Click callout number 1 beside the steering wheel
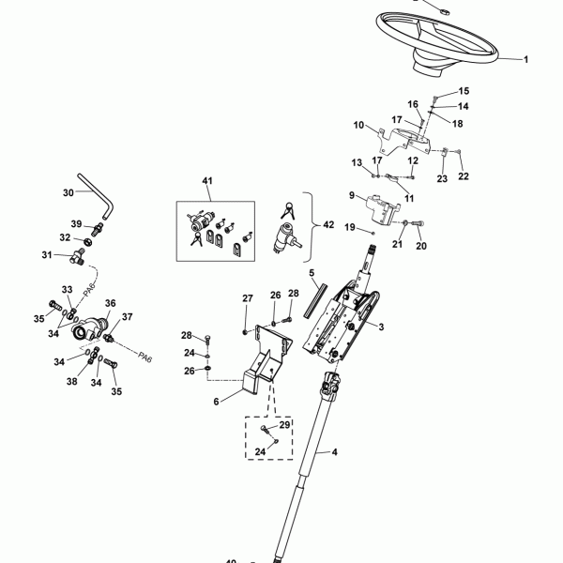point(525,60)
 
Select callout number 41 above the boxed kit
point(207,180)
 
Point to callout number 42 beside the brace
point(328,225)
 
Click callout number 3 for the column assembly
point(381,327)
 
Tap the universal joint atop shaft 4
point(330,383)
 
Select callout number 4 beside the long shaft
point(334,452)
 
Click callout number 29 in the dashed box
point(284,425)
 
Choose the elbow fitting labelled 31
point(78,258)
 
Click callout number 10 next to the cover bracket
point(358,126)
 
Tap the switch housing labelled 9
point(383,210)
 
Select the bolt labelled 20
point(418,223)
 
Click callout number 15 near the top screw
point(464,91)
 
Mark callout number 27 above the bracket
point(248,298)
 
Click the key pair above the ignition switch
point(288,211)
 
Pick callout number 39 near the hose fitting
point(76,224)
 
